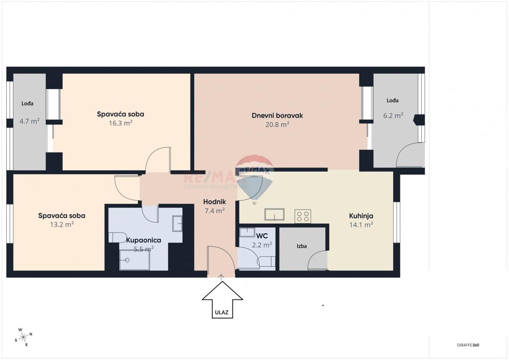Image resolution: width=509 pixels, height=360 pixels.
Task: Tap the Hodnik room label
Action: click(x=215, y=202)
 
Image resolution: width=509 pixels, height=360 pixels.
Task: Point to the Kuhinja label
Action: click(x=361, y=215)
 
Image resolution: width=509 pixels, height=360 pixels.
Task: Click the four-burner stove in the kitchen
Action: click(x=303, y=216)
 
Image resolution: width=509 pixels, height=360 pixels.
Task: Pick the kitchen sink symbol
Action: click(x=275, y=215)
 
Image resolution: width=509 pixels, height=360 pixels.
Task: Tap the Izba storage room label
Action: click(x=302, y=246)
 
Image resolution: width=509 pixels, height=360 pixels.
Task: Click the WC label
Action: click(x=261, y=235)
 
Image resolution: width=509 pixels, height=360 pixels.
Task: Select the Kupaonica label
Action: click(x=144, y=240)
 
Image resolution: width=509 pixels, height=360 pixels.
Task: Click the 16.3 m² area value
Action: click(x=120, y=123)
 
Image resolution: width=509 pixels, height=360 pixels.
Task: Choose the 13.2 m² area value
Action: click(x=62, y=224)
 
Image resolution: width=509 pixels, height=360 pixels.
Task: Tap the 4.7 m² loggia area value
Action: click(x=29, y=121)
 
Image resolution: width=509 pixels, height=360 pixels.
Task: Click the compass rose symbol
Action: click(x=24, y=337)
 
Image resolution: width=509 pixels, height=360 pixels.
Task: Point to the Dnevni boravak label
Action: click(x=277, y=115)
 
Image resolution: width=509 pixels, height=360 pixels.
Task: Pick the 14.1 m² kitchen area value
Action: click(x=361, y=225)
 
